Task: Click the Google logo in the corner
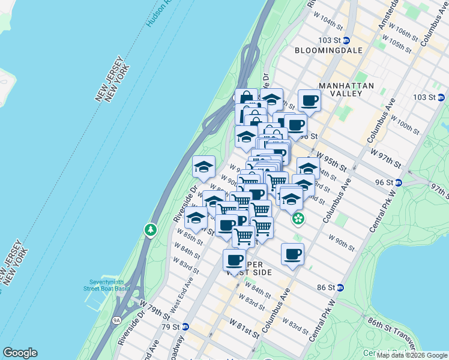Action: point(20,353)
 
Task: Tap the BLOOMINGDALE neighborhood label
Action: point(329,50)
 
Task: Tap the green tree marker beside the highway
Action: point(149,229)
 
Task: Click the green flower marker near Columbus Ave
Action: point(298,220)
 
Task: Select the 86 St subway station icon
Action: point(340,287)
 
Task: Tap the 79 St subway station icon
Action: point(185,327)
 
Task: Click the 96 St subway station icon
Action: point(406,182)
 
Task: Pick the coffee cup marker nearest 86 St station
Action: point(292,254)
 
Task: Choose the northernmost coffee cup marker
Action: point(309,100)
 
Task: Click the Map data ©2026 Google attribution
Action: point(412,355)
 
